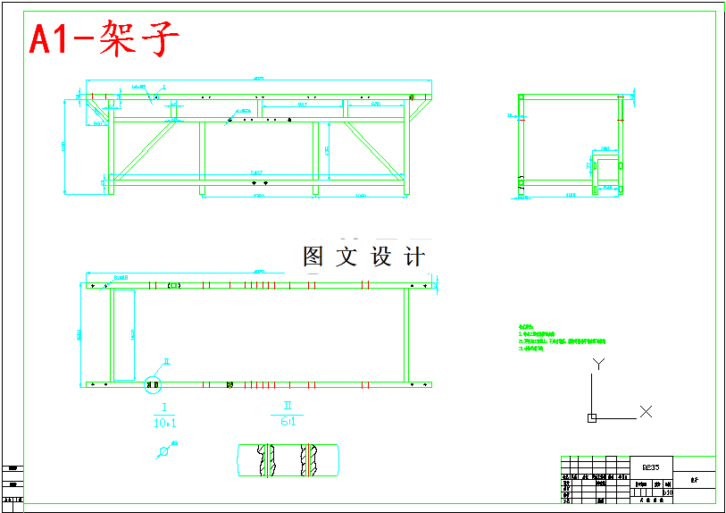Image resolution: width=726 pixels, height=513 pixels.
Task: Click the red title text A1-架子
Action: (104, 39)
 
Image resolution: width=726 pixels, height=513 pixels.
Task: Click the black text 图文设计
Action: (363, 257)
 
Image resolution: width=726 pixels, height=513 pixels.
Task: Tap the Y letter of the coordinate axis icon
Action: (599, 364)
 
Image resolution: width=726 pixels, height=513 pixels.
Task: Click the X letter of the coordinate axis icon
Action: (646, 411)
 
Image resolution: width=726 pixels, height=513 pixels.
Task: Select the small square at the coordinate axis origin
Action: (591, 417)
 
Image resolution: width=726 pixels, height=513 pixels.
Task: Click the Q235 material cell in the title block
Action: (651, 467)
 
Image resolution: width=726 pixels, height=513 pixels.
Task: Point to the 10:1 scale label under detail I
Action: (164, 422)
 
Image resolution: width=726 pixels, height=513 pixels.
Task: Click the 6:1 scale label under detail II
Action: (288, 421)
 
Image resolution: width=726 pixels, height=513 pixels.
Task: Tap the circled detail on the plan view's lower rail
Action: (152, 385)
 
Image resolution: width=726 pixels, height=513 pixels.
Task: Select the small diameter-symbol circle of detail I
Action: (163, 452)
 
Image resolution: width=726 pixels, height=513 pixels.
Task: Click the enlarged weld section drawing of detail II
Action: (288, 459)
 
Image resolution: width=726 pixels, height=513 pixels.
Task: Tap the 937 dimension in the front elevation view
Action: (303, 105)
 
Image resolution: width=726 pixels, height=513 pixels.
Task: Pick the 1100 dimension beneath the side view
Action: (570, 195)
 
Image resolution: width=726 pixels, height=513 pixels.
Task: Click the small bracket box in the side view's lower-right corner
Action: (607, 171)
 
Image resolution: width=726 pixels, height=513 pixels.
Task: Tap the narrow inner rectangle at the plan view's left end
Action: (122, 334)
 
